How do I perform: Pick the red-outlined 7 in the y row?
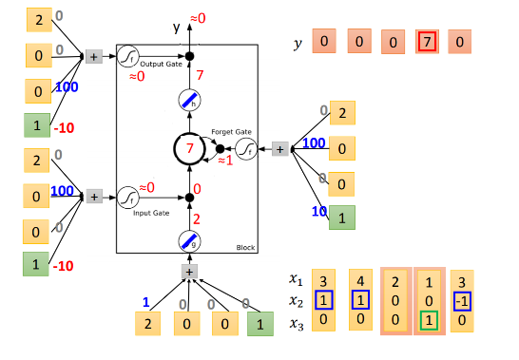click(428, 42)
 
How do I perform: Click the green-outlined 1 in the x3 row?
click(428, 320)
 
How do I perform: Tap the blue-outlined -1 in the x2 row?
click(462, 299)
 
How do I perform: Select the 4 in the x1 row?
click(359, 280)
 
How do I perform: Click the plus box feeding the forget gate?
click(279, 149)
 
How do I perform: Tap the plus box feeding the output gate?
click(94, 57)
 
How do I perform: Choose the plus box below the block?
click(188, 272)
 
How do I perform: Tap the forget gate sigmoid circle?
click(246, 149)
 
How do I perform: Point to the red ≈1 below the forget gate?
click(225, 161)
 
